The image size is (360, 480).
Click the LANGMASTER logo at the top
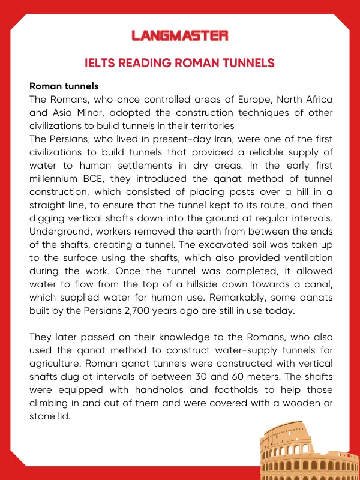[x=180, y=36]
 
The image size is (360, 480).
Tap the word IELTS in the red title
[x=102, y=63]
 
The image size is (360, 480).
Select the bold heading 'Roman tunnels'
[x=64, y=86]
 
